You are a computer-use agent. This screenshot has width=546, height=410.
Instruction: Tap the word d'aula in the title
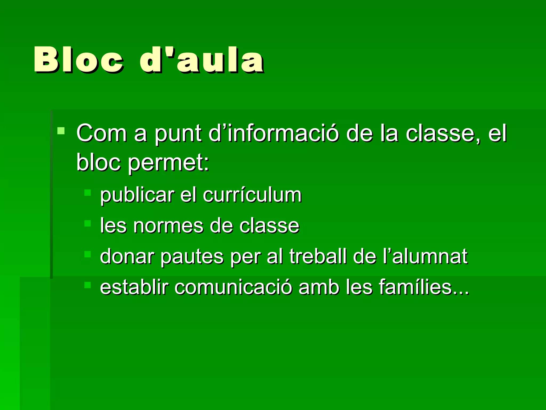[202, 60]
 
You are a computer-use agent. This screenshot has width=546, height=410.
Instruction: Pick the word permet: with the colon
[169, 163]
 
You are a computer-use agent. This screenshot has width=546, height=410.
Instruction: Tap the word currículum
[252, 195]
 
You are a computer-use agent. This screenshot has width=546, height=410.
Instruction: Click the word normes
[168, 226]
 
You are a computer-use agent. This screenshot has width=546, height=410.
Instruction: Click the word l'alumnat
[425, 256]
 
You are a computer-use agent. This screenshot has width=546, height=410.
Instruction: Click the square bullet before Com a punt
[61, 131]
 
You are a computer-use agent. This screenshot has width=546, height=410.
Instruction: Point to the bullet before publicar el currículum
[87, 193]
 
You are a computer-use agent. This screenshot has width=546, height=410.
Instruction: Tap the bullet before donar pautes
[87, 254]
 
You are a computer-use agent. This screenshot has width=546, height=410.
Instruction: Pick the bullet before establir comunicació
[87, 285]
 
